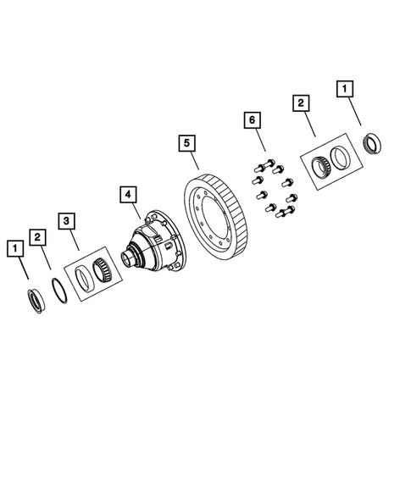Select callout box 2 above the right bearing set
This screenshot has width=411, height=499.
click(300, 104)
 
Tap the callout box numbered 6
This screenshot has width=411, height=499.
click(251, 122)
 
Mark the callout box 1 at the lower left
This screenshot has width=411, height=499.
click(14, 248)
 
